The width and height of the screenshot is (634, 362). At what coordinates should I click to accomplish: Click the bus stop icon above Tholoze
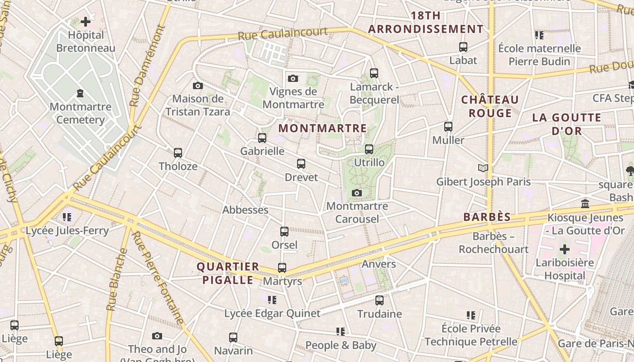tap(178, 153)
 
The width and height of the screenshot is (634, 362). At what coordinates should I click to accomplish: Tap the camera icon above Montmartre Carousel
tap(357, 193)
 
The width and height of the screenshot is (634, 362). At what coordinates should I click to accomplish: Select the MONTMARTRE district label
tap(322, 129)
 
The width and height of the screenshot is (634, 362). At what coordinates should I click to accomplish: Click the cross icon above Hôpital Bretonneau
tap(86, 21)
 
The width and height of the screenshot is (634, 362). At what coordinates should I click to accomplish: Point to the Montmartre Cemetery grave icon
tap(80, 93)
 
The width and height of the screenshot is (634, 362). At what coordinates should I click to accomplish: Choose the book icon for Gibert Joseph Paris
tap(483, 168)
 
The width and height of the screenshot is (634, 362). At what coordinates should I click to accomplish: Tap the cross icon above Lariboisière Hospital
tap(565, 249)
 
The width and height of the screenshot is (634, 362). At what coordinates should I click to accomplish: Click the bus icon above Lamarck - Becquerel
tap(374, 73)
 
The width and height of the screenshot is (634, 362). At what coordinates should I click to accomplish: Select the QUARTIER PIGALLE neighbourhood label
tap(228, 273)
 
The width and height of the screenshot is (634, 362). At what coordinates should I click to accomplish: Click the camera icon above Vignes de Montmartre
tap(293, 78)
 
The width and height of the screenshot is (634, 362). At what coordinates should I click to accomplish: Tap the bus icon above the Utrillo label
tap(369, 149)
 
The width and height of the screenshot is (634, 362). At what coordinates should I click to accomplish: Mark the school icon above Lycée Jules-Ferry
tap(67, 217)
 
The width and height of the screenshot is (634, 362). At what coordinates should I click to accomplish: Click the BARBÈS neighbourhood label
tap(487, 217)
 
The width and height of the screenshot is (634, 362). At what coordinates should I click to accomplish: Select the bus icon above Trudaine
tap(379, 300)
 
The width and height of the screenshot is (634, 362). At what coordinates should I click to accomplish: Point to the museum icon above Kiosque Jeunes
tap(585, 204)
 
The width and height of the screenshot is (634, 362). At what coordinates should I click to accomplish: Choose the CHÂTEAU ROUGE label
tap(490, 106)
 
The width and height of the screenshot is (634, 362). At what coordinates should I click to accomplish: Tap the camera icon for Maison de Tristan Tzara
tap(198, 86)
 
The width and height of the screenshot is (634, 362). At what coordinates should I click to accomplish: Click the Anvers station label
tap(379, 264)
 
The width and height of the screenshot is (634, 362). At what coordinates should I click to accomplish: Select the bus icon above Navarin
tap(233, 337)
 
